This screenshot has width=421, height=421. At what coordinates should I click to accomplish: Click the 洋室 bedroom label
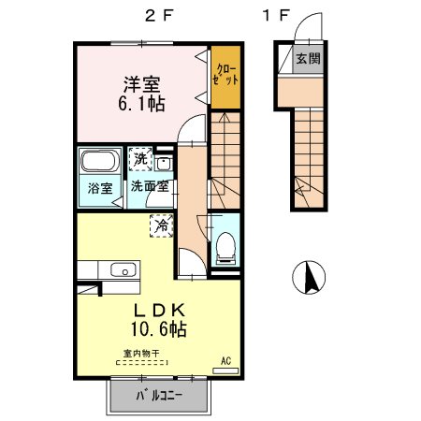coord(142,84)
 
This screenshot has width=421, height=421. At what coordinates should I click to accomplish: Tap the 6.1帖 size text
coord(141,104)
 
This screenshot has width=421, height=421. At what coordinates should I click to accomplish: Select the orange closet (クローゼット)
coord(225,77)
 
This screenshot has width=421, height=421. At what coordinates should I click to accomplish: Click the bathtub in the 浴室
coord(100,161)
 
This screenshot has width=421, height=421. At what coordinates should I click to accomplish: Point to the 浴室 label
coord(100,188)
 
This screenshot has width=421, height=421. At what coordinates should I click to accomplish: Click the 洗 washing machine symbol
coord(140,159)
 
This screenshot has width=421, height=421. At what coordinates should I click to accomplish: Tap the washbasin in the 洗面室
coord(164,163)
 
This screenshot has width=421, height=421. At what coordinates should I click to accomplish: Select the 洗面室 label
coord(150,186)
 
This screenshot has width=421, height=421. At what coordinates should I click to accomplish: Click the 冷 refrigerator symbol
coord(162,225)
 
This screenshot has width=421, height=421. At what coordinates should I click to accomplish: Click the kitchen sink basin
coord(123,270)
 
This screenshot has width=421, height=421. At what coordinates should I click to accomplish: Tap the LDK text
coord(160,310)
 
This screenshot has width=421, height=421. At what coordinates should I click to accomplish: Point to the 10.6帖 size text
coord(159,329)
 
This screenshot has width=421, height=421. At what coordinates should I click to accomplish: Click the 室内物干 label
coord(141,354)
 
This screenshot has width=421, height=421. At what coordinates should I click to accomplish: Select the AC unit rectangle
coord(225,370)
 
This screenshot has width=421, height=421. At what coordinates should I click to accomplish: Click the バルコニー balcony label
coord(159,396)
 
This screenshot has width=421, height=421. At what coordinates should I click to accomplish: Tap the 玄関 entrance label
coord(308,58)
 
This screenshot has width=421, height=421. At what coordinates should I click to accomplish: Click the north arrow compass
coord(309,277)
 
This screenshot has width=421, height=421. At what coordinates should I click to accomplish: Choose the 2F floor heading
coord(159,16)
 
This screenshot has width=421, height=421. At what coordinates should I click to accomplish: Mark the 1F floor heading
coord(276,16)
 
